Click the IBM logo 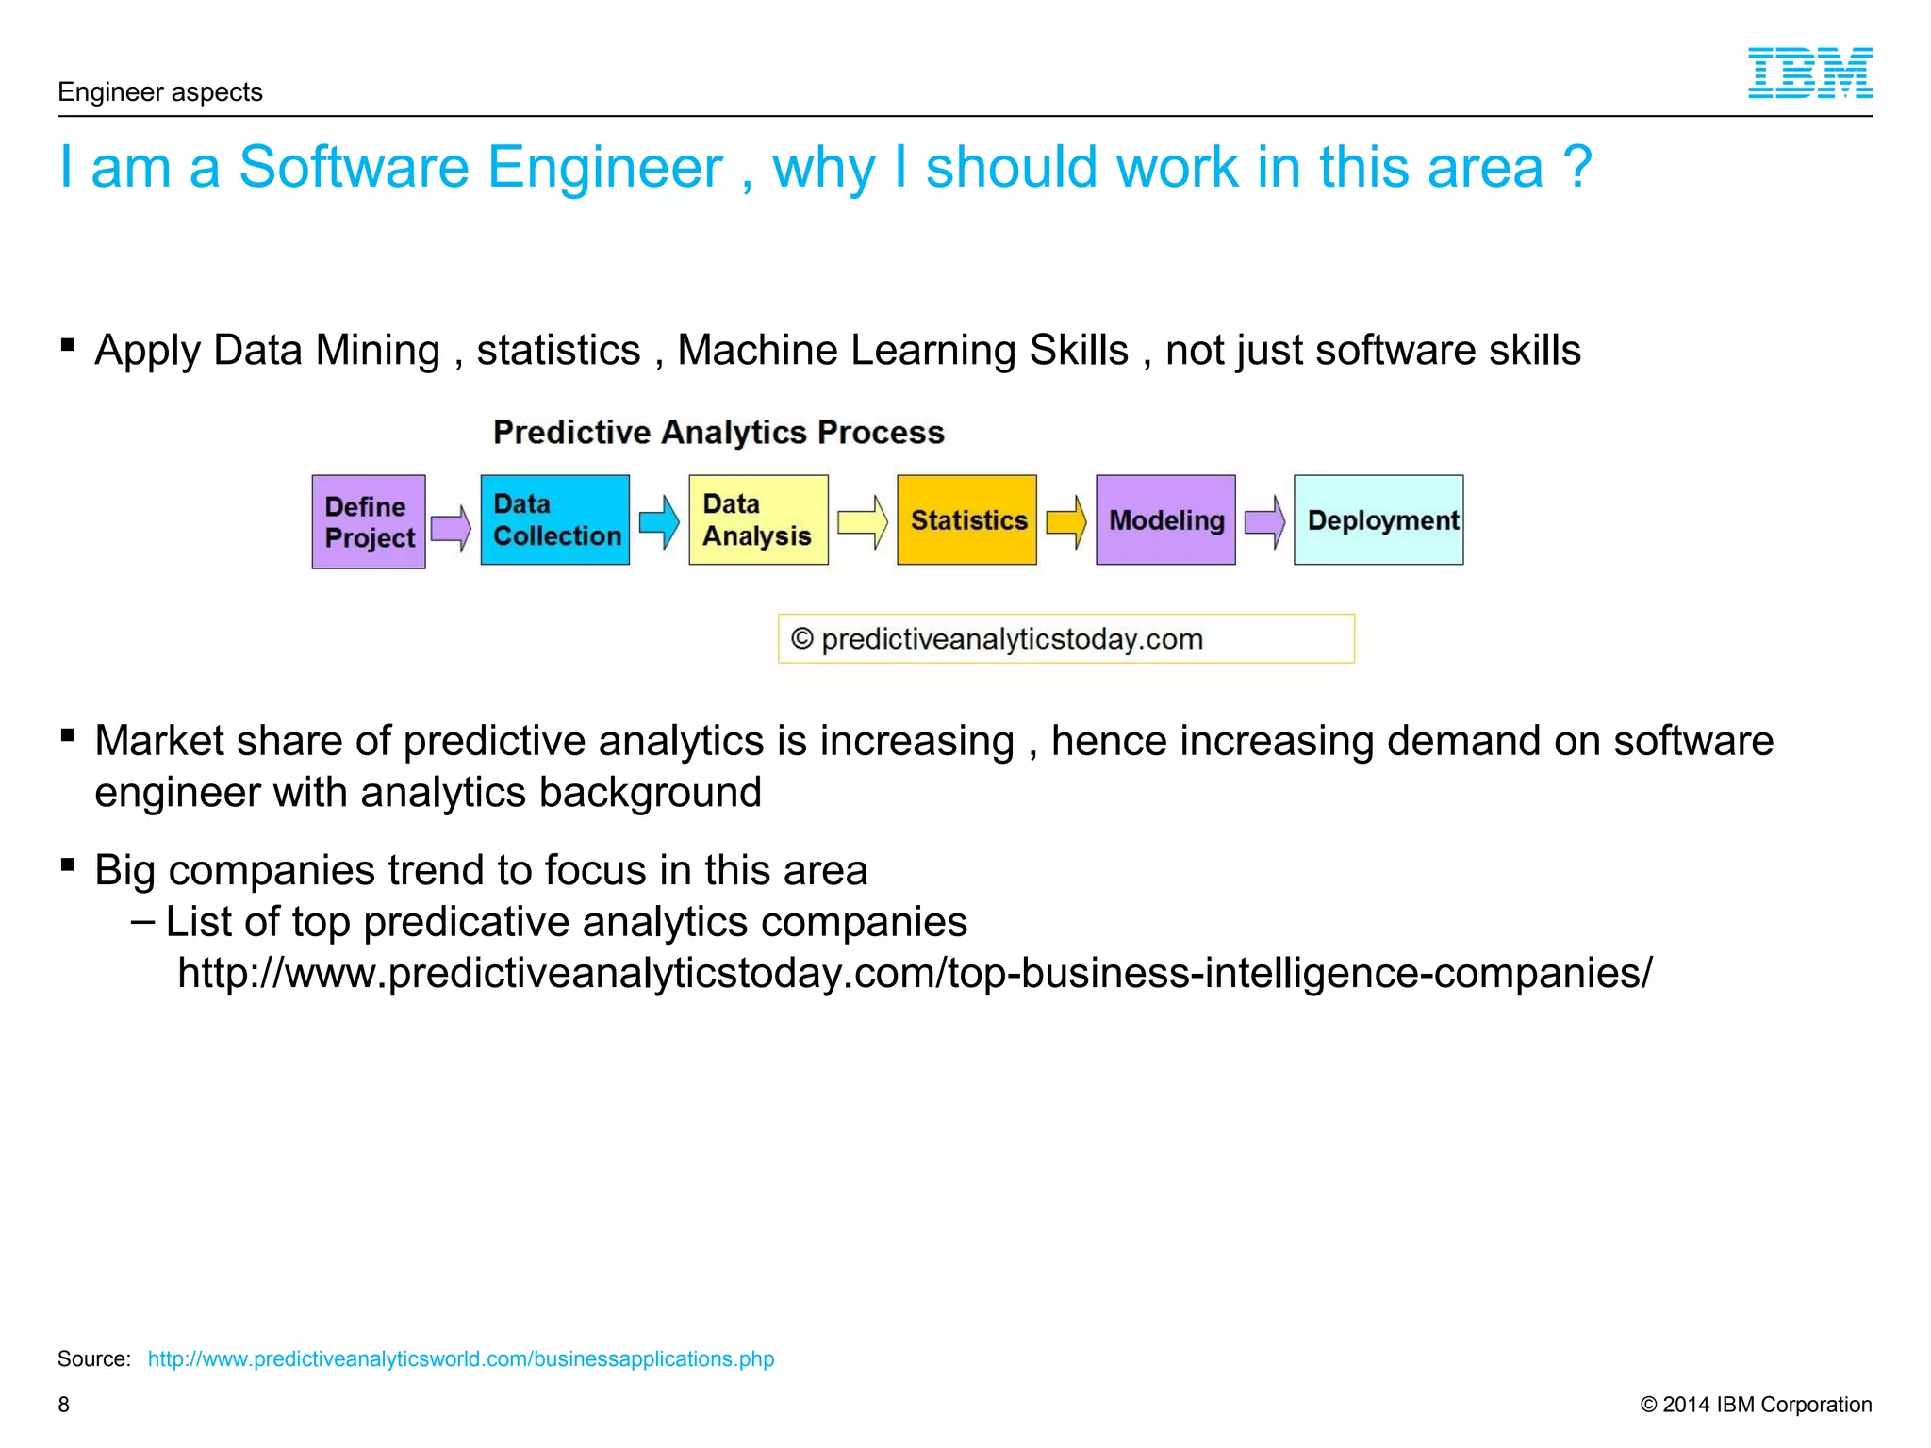1809,73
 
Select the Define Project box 369,521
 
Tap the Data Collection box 554,519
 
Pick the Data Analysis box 758,519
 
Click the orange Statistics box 966,519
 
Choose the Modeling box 1165,519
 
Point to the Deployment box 1378,519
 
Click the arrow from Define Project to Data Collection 452,527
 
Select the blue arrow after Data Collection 659,521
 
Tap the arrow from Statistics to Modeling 1066,521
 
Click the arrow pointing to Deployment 1264,521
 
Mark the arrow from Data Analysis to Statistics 863,521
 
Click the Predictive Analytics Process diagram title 718,432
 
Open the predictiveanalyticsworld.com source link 460,1358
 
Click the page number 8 64,1405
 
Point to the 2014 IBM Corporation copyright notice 1756,1405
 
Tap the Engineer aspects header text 160,92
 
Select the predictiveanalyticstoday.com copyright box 1065,639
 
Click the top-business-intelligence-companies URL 915,973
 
